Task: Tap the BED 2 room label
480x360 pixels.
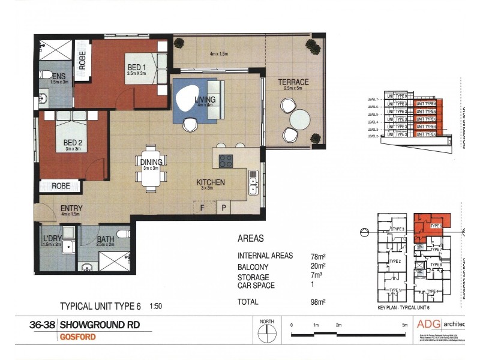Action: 71,143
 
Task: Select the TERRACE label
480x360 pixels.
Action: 293,82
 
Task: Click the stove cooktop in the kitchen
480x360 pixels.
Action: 226,161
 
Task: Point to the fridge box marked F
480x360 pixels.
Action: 203,208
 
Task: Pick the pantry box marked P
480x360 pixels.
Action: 223,208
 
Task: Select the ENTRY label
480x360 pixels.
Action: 71,209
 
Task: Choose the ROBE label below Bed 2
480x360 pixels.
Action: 60,186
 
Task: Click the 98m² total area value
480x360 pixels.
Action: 318,302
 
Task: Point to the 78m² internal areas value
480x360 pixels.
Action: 318,256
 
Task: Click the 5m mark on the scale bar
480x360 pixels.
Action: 404,325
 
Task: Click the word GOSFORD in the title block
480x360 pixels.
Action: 77,337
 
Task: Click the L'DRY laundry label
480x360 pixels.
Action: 52,239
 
